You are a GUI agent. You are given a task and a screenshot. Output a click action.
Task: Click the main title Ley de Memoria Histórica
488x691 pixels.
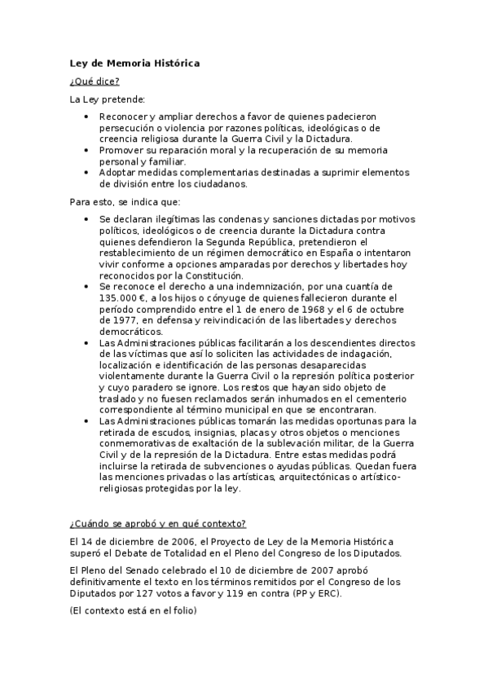click(x=134, y=63)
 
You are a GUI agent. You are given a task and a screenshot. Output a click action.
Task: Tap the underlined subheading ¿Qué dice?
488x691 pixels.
click(x=95, y=81)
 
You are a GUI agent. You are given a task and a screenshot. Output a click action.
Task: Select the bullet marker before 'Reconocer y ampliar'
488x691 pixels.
click(x=88, y=117)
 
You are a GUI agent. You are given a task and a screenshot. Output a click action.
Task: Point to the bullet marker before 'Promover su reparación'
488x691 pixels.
click(x=88, y=151)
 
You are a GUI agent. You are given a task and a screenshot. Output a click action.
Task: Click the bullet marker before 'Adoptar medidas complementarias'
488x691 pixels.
click(x=88, y=173)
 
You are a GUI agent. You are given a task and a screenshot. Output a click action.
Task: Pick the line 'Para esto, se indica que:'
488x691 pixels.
click(x=125, y=200)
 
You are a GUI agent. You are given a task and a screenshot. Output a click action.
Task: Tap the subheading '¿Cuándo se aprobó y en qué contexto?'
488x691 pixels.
click(x=158, y=523)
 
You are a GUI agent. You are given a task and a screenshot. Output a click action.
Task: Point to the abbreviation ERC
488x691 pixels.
click(x=326, y=593)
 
